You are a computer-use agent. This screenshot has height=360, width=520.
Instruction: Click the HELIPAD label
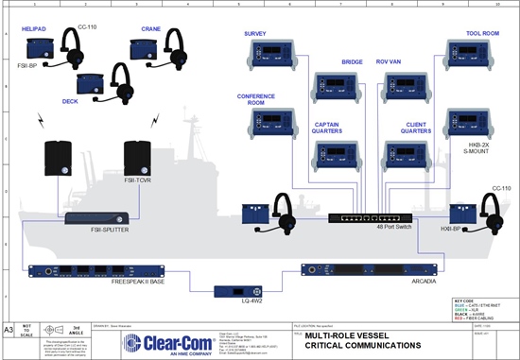(x=34, y=31)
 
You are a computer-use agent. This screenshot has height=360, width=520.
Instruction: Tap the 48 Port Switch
(x=366, y=218)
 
